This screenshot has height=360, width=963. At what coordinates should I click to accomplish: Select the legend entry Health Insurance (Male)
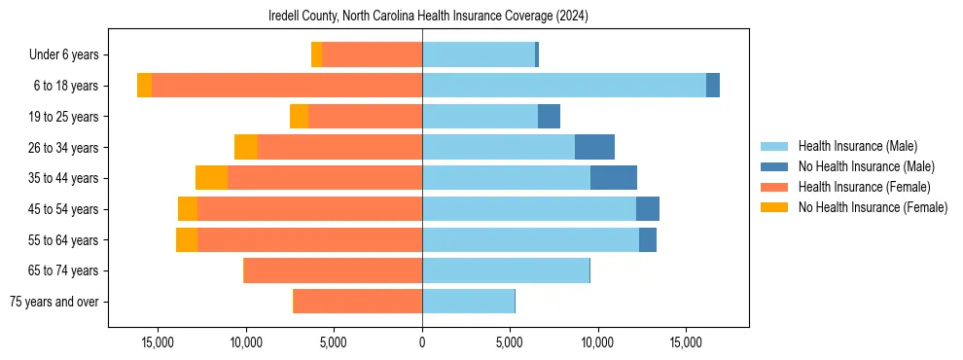(857, 146)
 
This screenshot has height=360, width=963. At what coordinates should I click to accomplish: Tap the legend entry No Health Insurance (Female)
(873, 207)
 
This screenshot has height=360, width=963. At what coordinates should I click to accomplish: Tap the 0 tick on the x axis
(422, 342)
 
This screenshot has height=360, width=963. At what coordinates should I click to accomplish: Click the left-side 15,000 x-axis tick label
(158, 342)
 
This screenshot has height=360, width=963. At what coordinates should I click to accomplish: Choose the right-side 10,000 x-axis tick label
(597, 342)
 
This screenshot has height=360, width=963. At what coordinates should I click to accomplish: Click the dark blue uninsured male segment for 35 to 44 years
(614, 178)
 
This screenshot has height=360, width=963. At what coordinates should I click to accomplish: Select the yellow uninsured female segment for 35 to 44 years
(211, 178)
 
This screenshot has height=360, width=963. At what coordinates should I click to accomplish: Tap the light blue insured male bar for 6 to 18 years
(564, 86)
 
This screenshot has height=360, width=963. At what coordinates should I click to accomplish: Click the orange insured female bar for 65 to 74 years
(333, 270)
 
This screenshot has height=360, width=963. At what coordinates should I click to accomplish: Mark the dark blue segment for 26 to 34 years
(594, 147)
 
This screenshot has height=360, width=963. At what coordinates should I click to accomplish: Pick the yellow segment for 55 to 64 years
(187, 239)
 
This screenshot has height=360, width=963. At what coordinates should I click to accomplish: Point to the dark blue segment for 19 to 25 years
(550, 117)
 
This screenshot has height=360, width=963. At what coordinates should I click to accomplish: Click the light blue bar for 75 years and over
(468, 302)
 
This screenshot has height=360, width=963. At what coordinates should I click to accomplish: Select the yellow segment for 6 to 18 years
(144, 86)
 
